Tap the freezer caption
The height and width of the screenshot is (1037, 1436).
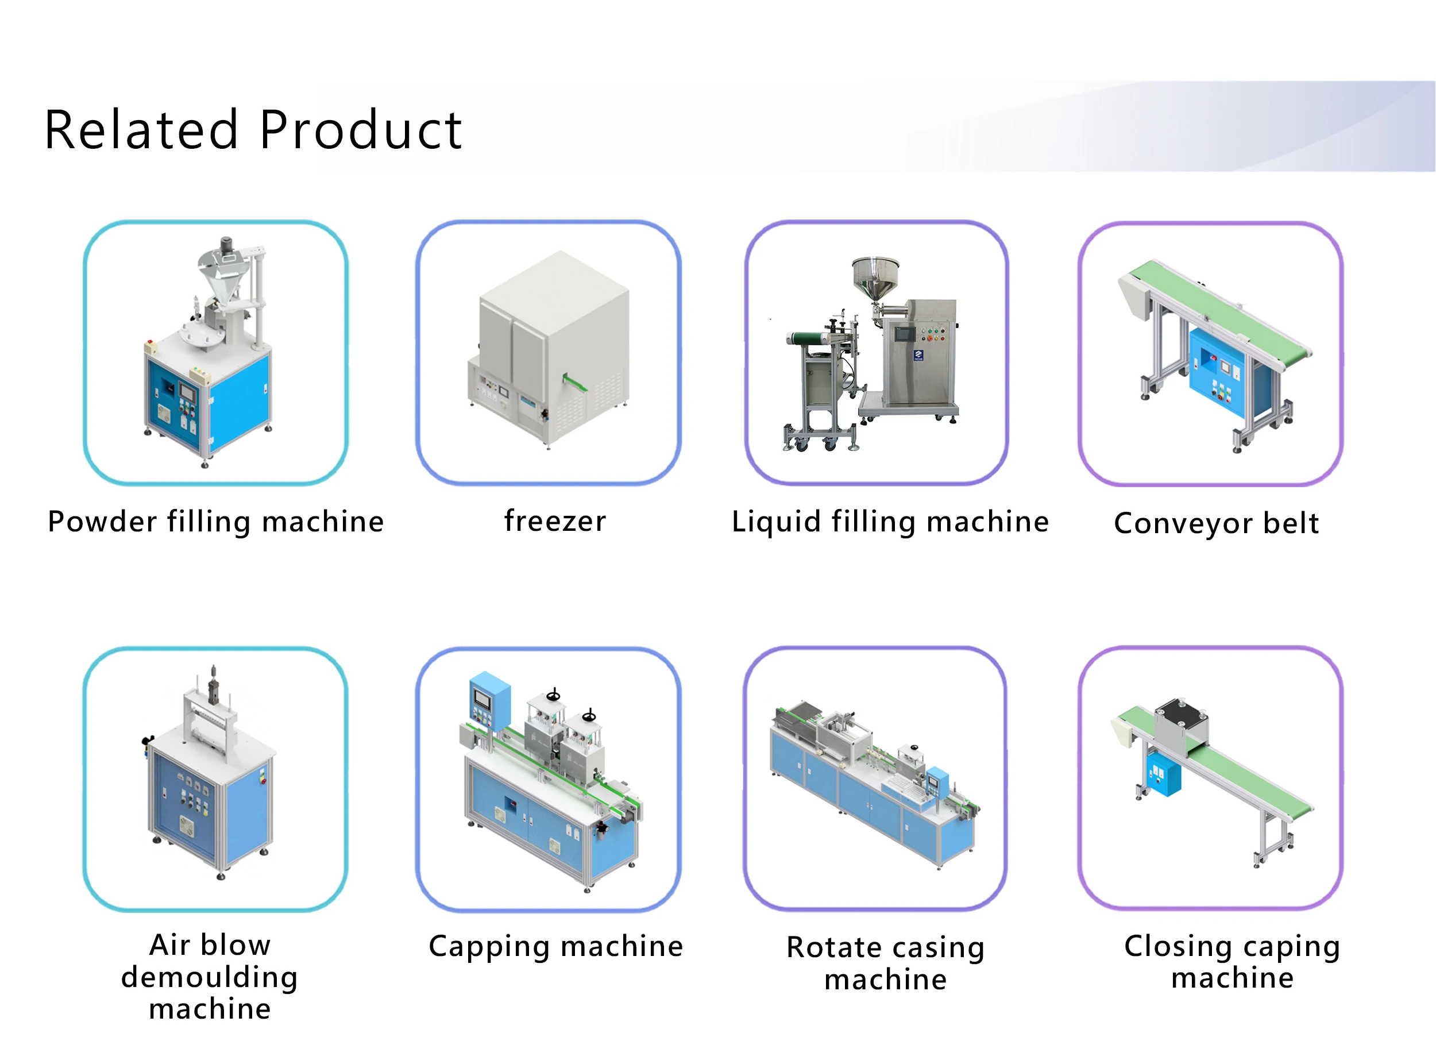[555, 521]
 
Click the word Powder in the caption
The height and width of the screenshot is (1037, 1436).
[102, 522]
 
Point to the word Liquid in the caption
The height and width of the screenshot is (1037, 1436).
[775, 522]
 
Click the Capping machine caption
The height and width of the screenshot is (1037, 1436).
[555, 946]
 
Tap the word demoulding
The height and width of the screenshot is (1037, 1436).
[210, 977]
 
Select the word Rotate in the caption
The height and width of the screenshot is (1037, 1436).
[833, 948]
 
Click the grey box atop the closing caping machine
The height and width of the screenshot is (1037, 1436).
[1182, 726]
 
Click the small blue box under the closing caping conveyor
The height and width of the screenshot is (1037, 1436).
[1164, 774]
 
